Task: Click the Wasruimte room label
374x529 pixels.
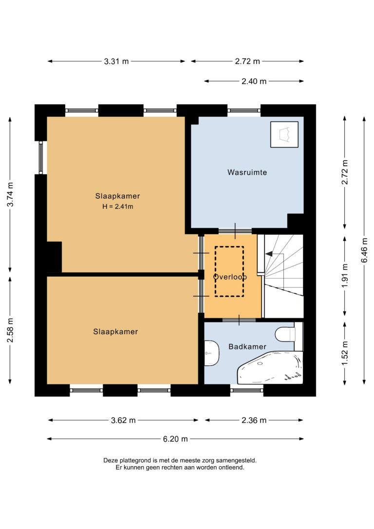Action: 247,172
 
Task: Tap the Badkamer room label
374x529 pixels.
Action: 247,346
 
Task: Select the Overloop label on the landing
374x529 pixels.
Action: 230,277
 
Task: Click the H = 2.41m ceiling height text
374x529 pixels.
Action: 118,207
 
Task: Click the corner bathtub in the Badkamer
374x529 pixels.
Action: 270,368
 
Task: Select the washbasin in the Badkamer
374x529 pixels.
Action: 211,353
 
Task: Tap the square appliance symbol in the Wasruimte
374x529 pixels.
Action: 284,134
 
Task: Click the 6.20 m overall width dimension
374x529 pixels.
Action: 175,439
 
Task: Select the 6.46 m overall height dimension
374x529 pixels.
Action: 364,250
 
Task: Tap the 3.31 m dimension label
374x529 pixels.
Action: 116,61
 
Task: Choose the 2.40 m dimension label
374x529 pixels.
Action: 254,81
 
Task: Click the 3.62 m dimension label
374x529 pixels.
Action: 123,420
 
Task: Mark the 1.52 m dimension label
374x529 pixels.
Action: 345,353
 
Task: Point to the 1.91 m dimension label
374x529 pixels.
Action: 345,276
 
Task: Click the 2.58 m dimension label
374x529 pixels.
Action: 10,330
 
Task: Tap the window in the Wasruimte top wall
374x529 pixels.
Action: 244,110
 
